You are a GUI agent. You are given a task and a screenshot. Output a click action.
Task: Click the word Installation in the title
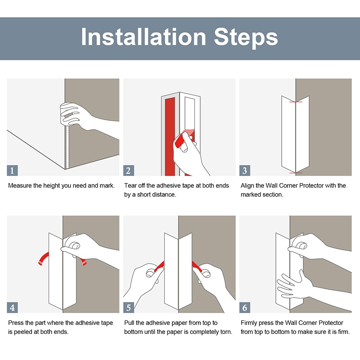click(144, 37)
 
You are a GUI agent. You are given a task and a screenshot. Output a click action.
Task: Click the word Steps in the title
click(246, 37)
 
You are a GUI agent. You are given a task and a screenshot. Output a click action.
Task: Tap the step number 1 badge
click(12, 171)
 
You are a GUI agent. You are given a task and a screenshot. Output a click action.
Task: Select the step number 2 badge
click(129, 171)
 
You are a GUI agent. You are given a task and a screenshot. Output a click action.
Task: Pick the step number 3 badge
click(245, 171)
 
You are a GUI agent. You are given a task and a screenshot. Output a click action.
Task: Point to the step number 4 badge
click(12, 307)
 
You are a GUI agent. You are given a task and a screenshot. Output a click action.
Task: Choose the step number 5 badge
click(129, 307)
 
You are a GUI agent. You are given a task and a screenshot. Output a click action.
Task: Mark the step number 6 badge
click(245, 307)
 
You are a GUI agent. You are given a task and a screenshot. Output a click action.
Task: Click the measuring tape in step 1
click(67, 147)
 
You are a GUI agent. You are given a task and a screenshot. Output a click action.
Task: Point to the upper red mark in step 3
click(296, 102)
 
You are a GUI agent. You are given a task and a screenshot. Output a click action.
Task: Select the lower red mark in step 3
click(296, 173)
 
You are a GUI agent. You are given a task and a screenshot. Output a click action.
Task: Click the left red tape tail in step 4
click(43, 258)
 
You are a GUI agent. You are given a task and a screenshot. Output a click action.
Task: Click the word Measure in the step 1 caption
click(19, 185)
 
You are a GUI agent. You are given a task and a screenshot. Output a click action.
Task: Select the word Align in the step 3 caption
click(247, 186)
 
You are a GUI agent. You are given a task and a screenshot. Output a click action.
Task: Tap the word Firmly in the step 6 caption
click(249, 323)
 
